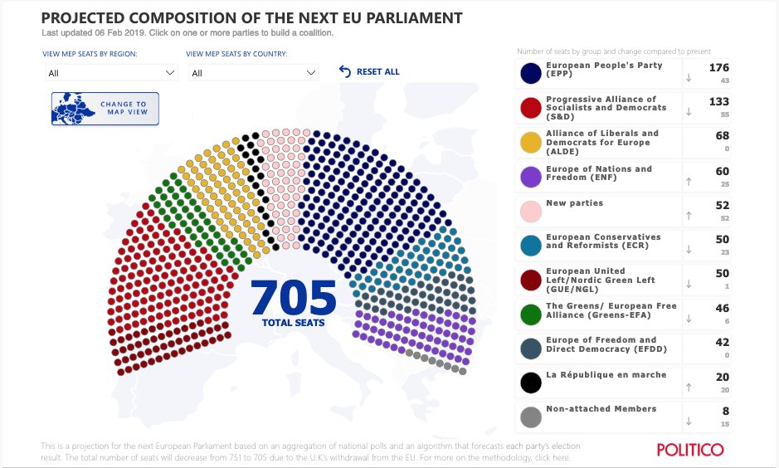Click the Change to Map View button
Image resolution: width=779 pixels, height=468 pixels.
(x=105, y=109)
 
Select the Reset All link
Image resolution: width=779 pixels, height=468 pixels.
(x=369, y=72)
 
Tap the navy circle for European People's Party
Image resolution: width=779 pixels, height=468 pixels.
(x=531, y=74)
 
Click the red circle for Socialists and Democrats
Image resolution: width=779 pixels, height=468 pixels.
(x=531, y=108)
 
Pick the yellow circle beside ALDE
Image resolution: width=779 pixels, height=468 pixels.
(x=531, y=143)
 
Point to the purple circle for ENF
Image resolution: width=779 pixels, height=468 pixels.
(x=531, y=177)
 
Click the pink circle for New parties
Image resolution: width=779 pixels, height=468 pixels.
(x=531, y=211)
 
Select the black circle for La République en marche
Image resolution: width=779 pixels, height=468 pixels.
(x=531, y=382)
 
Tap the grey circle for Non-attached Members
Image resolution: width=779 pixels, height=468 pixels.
(x=531, y=416)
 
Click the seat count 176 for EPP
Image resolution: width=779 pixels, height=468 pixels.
(x=718, y=68)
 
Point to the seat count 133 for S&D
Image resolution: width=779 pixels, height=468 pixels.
(x=718, y=101)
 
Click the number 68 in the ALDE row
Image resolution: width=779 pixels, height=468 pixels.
(x=722, y=135)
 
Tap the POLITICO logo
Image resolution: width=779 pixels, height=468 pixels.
(x=689, y=450)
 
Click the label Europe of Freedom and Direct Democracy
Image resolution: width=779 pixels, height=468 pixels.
(x=601, y=344)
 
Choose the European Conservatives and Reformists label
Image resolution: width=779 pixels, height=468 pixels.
(x=603, y=241)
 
